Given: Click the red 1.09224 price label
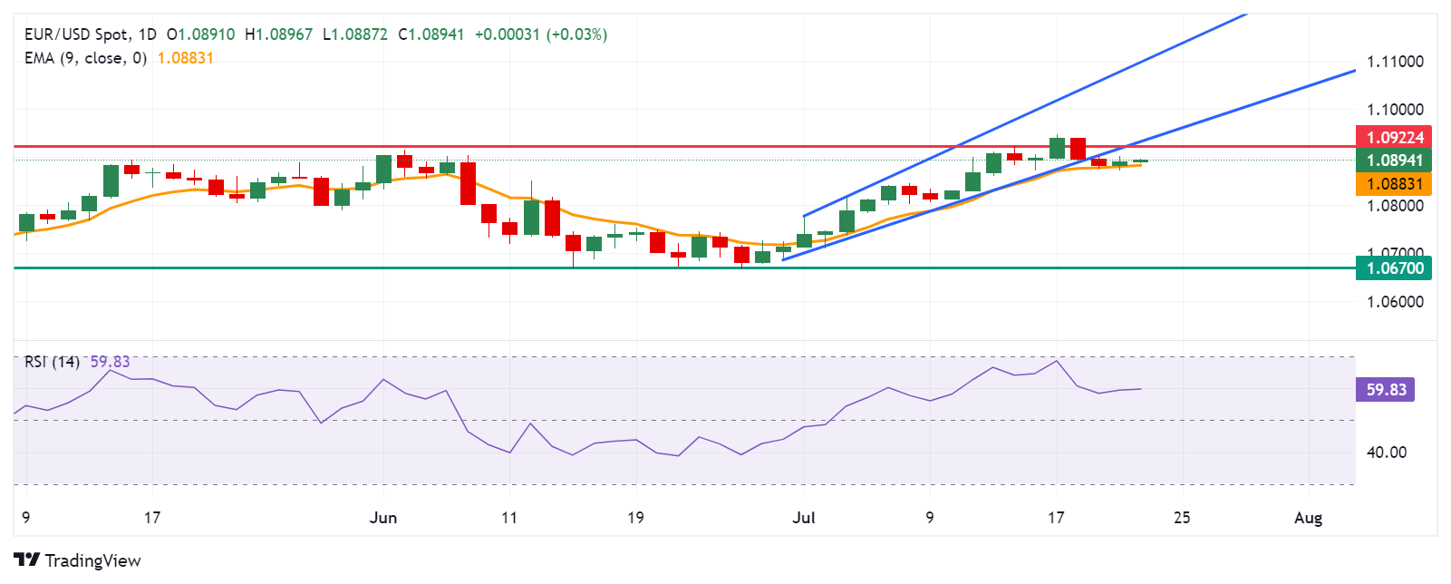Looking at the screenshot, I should pos(1394,138).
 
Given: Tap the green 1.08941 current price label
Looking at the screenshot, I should pos(1394,161).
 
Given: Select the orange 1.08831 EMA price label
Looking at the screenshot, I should pos(1394,184).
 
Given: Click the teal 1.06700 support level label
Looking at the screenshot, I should pos(1394,268).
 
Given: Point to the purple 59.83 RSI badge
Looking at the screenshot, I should pos(1386,390).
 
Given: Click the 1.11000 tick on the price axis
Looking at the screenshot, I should pos(1395,62).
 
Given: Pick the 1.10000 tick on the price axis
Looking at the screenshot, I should pos(1395,110).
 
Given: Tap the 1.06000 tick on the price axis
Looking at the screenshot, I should pos(1395,302).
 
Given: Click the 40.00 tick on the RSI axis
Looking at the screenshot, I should pos(1387,453).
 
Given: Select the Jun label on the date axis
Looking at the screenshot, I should pos(383,518).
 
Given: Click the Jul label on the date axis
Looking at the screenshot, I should pos(804,518).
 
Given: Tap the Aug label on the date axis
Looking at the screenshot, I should pos(1308,518).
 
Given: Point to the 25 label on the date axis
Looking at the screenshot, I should pos(1182,518).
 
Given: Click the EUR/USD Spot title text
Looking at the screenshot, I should pos(76,34).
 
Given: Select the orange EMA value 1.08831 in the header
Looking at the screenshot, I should pos(185,58).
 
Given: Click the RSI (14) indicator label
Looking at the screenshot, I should pos(52,362).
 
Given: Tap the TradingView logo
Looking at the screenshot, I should pos(78,560).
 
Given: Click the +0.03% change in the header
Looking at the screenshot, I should pos(576,34).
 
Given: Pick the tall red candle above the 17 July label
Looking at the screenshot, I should pos(1078,149).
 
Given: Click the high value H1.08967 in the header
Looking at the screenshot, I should pos(278,34).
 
